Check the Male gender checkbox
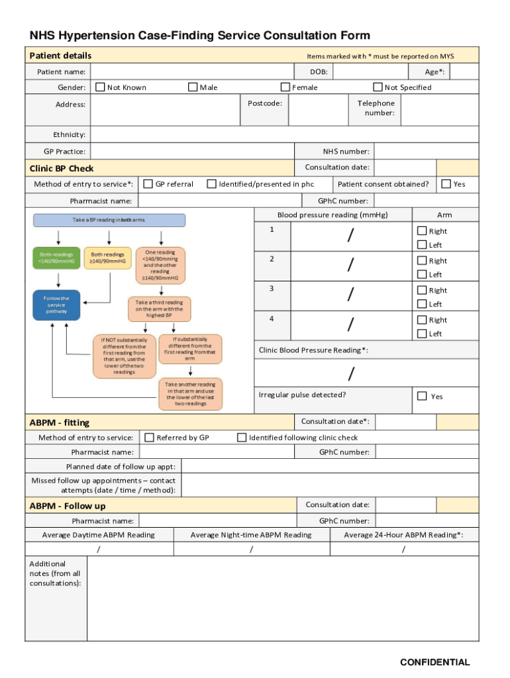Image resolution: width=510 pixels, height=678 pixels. tap(193, 87)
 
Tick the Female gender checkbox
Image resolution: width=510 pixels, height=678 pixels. tap(285, 87)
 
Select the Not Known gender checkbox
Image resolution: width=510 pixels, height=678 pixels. tap(100, 87)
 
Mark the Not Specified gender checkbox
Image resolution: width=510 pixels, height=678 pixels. tap(378, 87)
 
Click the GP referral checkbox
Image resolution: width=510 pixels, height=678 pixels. tap(148, 184)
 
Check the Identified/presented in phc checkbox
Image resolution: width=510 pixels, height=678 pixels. tap(212, 184)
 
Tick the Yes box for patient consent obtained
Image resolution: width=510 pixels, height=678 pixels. tap(446, 184)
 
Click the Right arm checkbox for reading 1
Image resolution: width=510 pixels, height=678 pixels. tap(422, 231)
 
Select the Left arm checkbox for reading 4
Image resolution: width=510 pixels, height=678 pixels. tap(422, 334)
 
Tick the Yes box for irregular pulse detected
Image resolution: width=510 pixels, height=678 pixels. tap(422, 396)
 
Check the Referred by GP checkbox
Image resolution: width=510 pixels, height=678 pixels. tap(150, 438)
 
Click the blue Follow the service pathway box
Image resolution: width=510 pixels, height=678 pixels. tap(56, 305)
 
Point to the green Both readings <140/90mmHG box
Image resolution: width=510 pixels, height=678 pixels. tap(56, 258)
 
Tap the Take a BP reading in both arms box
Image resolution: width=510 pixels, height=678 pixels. tap(109, 220)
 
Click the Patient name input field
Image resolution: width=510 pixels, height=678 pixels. tap(192, 72)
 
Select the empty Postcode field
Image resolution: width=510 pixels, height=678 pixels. tap(319, 109)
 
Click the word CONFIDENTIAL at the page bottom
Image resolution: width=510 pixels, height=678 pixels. tap(434, 662)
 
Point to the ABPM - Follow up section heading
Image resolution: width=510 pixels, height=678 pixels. tap(68, 507)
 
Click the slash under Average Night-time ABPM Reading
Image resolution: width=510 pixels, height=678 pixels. tap(251, 550)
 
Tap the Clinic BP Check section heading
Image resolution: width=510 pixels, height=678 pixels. tap(62, 168)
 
